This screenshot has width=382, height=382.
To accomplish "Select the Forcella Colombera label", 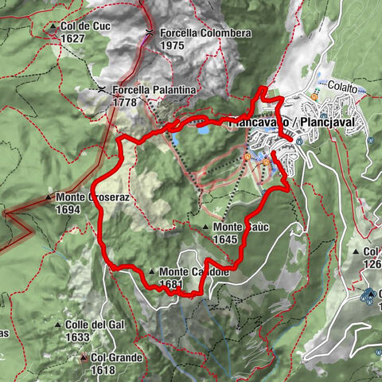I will [x=194, y=33].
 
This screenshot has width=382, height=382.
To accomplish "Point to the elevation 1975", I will [x=171, y=45].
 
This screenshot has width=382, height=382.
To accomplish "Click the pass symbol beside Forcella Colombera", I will [x=149, y=33].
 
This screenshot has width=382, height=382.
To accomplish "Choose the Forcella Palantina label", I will [x=154, y=90].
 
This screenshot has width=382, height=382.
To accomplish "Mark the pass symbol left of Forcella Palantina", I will [x=102, y=90].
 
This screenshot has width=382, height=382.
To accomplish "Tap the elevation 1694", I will [x=69, y=209].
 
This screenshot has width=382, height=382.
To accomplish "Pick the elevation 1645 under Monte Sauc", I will [x=226, y=239].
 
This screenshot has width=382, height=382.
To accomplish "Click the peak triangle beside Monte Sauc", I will [x=206, y=228].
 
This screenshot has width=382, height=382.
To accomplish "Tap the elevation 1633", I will [x=77, y=337].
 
